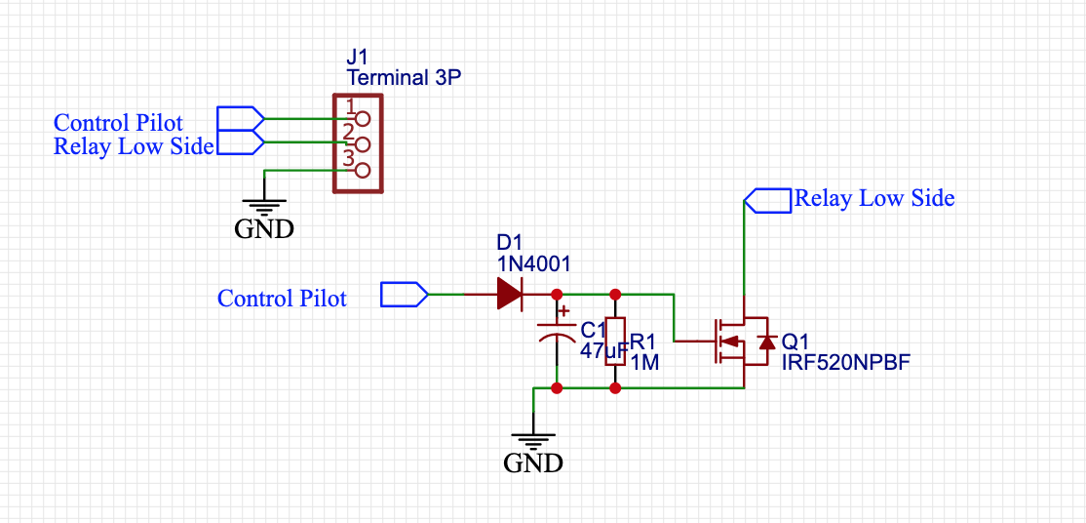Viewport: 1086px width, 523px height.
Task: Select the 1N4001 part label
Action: [533, 263]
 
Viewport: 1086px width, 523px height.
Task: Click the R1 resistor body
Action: [615, 342]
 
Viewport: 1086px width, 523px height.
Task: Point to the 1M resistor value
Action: [645, 363]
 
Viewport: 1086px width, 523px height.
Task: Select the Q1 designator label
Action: [795, 342]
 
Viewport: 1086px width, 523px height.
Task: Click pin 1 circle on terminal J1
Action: [363, 119]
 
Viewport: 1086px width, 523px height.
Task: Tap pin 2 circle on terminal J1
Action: [363, 144]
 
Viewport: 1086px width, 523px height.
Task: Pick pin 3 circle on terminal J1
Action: [363, 171]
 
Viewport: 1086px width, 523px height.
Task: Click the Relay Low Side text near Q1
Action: [874, 199]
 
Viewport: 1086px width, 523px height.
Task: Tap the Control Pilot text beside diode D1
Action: [282, 299]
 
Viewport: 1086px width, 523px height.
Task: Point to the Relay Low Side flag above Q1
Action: [767, 200]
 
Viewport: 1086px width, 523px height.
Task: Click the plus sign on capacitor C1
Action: [562, 311]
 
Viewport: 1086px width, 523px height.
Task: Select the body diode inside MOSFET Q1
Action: [766, 342]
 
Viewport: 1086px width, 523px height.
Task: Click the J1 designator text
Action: [358, 57]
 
